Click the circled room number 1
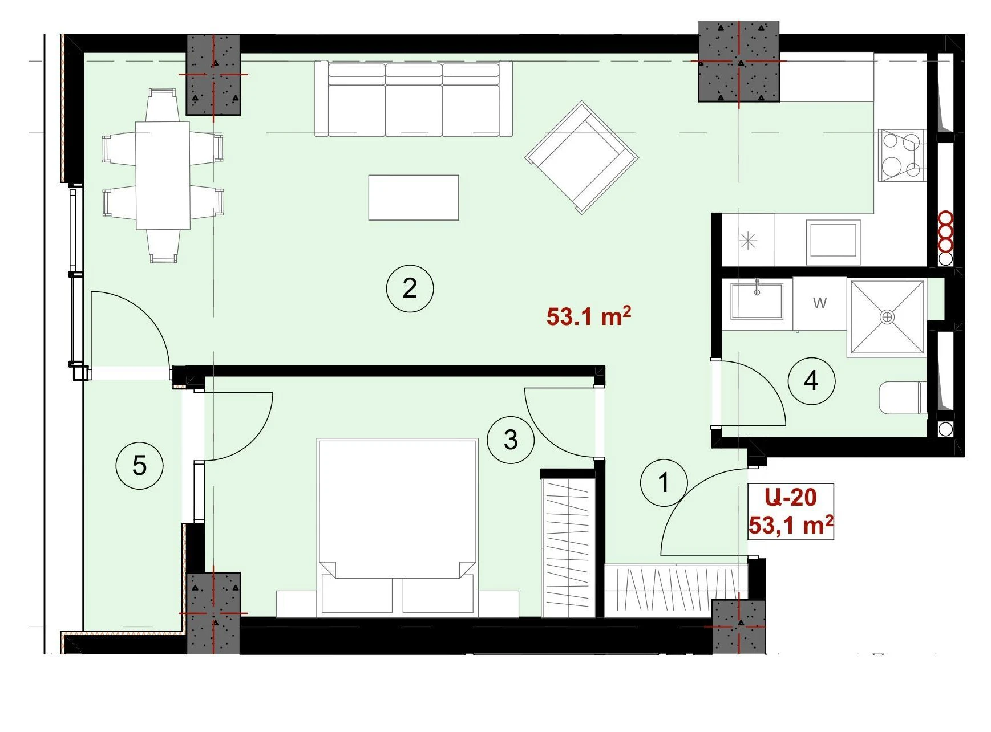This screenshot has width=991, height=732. coord(664,482)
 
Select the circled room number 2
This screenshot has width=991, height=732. coord(410,288)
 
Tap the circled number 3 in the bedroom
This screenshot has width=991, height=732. coord(511,439)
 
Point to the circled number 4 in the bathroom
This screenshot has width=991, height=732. coord(811,380)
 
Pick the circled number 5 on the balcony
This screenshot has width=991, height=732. coord(139,466)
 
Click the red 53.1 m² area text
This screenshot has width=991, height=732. coord(589,315)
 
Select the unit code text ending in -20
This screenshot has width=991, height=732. coord(791,497)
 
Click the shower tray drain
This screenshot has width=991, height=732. coord(887,316)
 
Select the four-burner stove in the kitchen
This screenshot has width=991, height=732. coord(901,155)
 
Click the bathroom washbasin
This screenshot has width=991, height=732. coord(757,299)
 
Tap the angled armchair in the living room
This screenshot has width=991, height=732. coord(581,157)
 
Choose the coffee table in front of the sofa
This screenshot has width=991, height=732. coord(414,197)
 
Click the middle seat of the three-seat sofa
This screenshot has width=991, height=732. coord(414,100)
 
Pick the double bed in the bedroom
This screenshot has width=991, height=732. coord(397,526)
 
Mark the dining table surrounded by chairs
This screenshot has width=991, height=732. coord(163,175)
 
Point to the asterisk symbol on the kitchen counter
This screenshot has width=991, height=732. coord(748,241)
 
